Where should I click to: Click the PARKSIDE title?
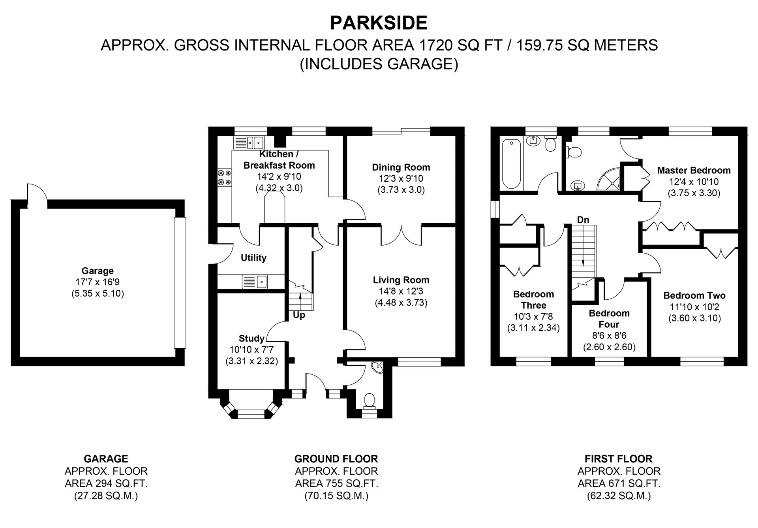[x=379, y=23]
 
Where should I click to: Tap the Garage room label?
[x=98, y=271]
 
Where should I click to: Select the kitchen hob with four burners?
[x=225, y=177]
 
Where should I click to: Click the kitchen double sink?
[x=249, y=143]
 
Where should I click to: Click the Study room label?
[x=251, y=338]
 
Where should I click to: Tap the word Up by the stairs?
[x=299, y=316]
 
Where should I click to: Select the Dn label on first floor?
[x=583, y=220]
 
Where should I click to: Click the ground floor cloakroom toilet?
[x=370, y=400]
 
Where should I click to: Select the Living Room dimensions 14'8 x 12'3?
[x=401, y=291]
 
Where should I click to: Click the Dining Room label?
[x=401, y=167]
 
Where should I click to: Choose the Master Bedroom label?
[x=694, y=171]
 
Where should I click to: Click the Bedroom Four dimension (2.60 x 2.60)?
[x=609, y=347]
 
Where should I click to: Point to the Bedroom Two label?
[x=694, y=295]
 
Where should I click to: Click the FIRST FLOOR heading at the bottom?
[x=619, y=459]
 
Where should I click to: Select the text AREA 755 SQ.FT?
[x=336, y=483]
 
